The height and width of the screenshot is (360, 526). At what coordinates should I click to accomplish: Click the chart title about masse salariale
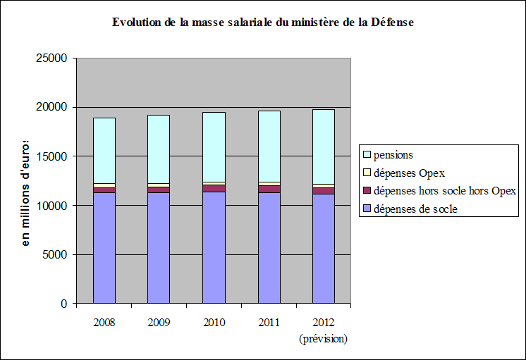pyautogui.click(x=262, y=23)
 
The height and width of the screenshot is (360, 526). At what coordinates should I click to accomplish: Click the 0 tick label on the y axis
pyautogui.click(x=63, y=304)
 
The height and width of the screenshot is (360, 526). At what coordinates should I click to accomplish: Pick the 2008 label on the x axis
pyautogui.click(x=104, y=323)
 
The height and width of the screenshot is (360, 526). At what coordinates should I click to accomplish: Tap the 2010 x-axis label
pyautogui.click(x=214, y=323)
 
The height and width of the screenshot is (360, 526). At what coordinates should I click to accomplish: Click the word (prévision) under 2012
pyautogui.click(x=324, y=339)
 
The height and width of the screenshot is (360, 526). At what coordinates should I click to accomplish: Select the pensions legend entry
pyautogui.click(x=393, y=154)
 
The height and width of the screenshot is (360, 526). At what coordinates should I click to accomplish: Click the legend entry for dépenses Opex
pyautogui.click(x=408, y=172)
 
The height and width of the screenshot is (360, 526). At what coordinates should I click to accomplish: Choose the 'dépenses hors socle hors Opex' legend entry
pyautogui.click(x=444, y=190)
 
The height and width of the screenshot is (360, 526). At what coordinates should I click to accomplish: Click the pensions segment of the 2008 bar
pyautogui.click(x=104, y=150)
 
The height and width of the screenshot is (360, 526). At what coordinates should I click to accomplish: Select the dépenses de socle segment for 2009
pyautogui.click(x=159, y=247)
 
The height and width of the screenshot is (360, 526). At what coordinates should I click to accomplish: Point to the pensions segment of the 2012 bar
pyautogui.click(x=324, y=147)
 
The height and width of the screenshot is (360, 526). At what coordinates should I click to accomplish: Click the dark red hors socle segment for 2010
pyautogui.click(x=214, y=188)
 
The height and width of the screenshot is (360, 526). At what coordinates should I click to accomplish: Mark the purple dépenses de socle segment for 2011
pyautogui.click(x=269, y=247)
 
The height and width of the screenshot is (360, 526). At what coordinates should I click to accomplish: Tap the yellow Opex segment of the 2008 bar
pyautogui.click(x=104, y=185)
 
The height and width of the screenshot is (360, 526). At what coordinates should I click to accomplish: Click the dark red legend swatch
pyautogui.click(x=366, y=190)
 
